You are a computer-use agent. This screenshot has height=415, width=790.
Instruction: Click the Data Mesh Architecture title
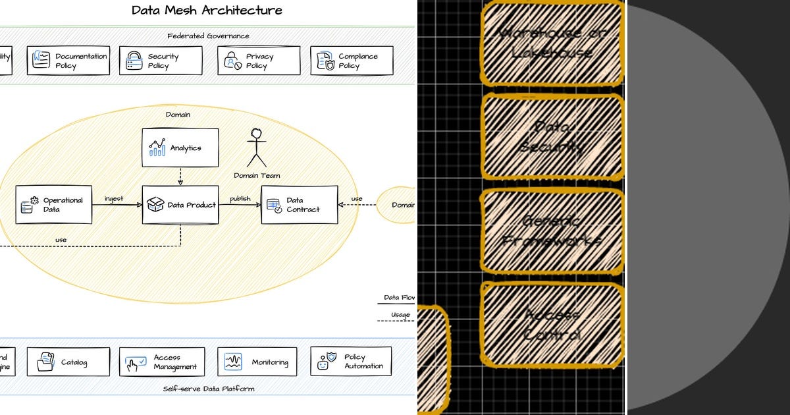[x=207, y=10]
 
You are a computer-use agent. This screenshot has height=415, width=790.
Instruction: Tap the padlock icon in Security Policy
[x=134, y=61]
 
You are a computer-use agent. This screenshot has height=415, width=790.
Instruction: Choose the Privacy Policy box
[x=259, y=61]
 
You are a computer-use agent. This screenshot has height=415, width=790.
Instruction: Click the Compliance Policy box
[x=352, y=61]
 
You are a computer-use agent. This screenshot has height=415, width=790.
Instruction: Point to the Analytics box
[x=180, y=148]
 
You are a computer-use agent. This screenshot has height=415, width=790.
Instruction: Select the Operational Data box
[x=54, y=205]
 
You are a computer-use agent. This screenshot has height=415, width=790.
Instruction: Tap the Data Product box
[x=180, y=205]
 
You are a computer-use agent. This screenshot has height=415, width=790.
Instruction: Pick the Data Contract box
[x=299, y=205]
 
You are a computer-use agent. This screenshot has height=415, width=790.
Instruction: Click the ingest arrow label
[x=114, y=199]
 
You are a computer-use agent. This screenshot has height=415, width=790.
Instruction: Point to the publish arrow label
[x=240, y=199]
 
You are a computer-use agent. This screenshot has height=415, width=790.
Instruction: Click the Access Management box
[x=162, y=362]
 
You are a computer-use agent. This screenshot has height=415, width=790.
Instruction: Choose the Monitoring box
[x=257, y=362]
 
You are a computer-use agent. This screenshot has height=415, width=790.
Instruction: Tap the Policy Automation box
[x=351, y=362]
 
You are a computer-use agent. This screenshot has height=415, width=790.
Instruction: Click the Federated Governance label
[x=208, y=36]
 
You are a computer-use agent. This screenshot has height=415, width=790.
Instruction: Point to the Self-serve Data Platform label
[x=209, y=389]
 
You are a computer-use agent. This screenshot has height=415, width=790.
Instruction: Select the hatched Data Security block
[x=552, y=136]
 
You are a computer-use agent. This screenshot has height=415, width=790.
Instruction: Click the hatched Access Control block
[x=552, y=324]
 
